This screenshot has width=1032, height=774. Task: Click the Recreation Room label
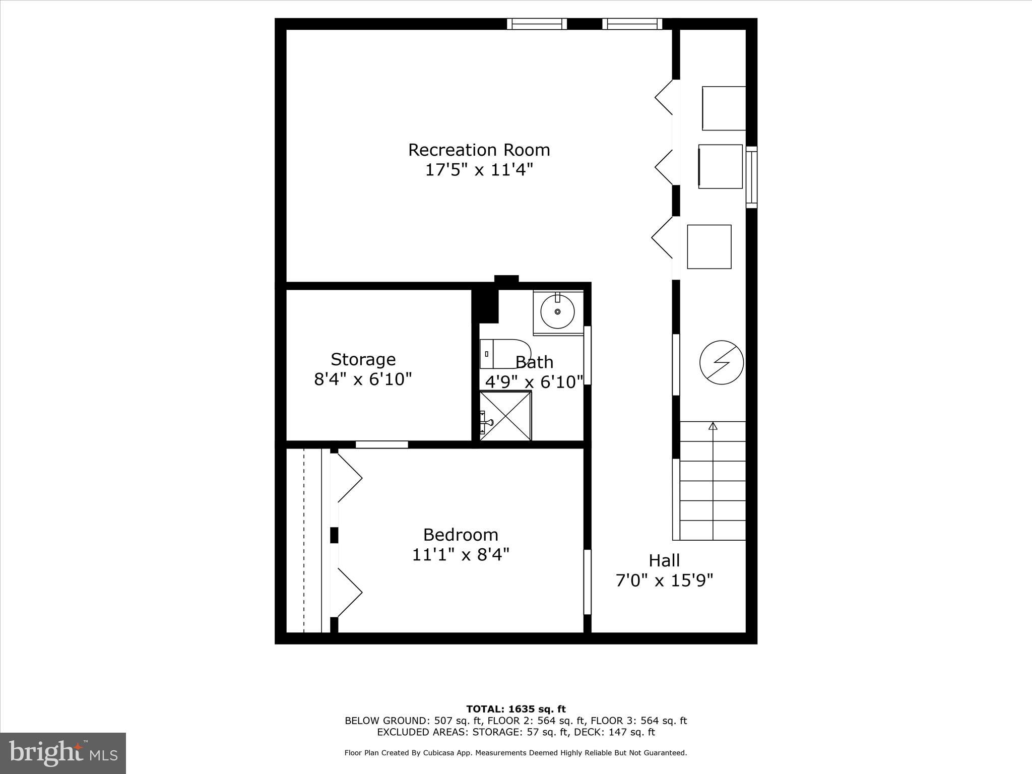coord(479,150)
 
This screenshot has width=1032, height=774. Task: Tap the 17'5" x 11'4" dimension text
coord(479,170)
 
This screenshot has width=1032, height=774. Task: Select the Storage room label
coord(363,359)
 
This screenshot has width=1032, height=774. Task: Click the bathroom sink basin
coord(557,312)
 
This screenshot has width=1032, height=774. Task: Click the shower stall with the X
coord(505,416)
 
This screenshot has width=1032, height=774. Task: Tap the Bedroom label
coord(461,534)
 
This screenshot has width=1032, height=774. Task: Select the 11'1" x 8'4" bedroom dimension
coord(461,555)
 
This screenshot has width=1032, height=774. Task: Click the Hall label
coord(664,560)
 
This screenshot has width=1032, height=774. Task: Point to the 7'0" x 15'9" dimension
coord(664,581)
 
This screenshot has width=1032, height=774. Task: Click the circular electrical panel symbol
coord(722,362)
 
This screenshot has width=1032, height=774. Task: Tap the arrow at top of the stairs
coord(713,426)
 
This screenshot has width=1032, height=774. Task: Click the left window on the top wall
coord(537,24)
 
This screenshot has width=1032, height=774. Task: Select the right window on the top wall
coord(632,24)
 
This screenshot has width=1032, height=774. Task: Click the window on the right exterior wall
coord(751,177)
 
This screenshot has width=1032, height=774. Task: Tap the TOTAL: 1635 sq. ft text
coord(515,709)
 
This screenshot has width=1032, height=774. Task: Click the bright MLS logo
coord(63,753)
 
